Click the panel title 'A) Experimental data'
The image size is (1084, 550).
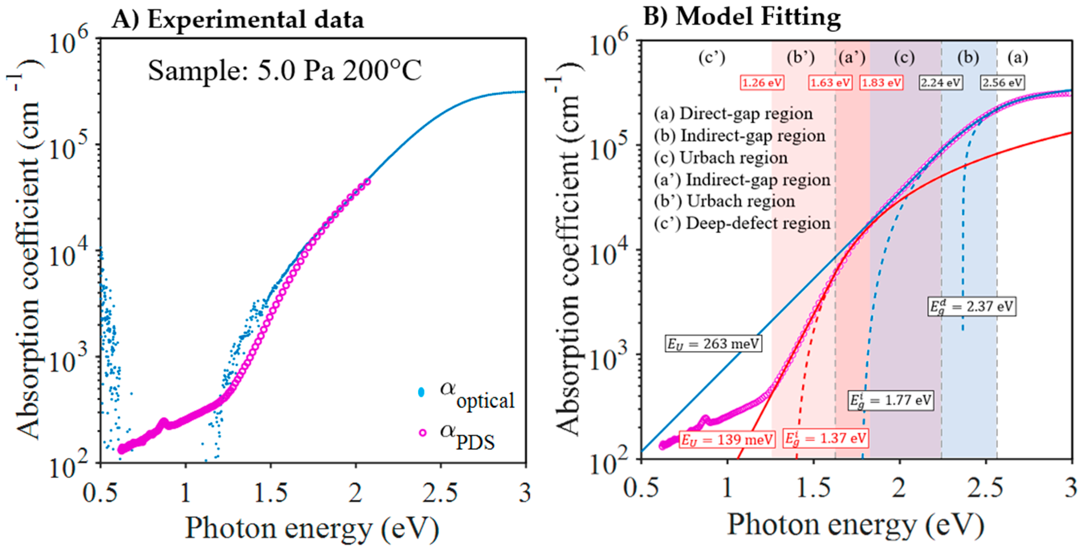click(238, 20)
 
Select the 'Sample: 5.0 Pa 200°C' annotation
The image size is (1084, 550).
click(284, 70)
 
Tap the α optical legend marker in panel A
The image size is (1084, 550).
click(421, 392)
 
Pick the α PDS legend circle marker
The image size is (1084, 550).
click(423, 433)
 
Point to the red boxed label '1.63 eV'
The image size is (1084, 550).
click(830, 82)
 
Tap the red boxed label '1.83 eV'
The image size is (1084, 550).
click(881, 82)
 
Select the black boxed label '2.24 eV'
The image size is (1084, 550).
click(940, 82)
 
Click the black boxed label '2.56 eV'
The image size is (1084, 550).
click(1002, 82)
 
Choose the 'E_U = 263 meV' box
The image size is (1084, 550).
click(713, 344)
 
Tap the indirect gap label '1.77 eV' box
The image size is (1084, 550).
click(889, 400)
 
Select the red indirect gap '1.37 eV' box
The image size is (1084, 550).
click(825, 438)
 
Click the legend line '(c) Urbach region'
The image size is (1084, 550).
click(720, 158)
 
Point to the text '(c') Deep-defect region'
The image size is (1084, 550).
click(742, 223)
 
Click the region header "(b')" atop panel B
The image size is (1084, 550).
click(801, 58)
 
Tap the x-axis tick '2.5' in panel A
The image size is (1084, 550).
click(440, 492)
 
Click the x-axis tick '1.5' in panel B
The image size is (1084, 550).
click(813, 489)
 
